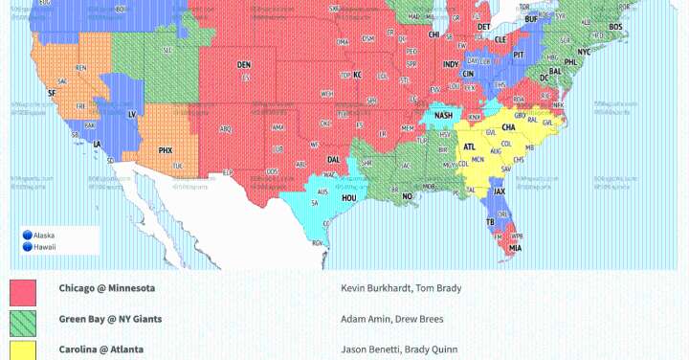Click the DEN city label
tap(243, 65)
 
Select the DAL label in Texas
tap(333, 160)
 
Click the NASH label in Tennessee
tap(443, 115)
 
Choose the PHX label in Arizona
tap(165, 150)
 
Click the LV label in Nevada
tap(130, 113)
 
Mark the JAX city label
tap(499, 191)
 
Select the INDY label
tap(450, 64)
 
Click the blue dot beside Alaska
tap(28, 235)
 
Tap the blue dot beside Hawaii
tap(28, 245)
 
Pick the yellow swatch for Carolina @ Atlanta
tap(23, 350)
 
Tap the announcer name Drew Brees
tap(422, 319)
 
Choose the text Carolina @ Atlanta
tap(100, 349)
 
